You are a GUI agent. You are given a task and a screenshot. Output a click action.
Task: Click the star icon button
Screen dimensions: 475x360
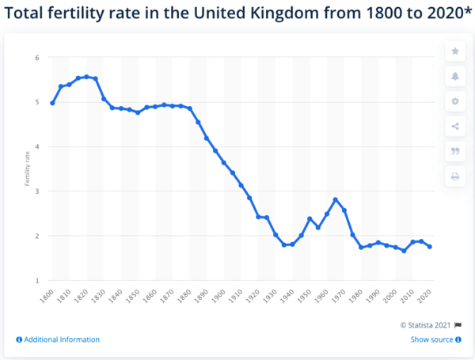coord(455,51)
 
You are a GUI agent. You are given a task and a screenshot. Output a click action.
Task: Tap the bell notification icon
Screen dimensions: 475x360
coord(455,76)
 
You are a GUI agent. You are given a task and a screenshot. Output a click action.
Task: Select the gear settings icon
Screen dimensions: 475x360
coord(455,101)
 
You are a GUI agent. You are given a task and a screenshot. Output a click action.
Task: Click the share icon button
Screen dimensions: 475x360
coord(455,127)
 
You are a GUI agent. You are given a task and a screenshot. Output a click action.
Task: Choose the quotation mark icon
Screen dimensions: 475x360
coord(455,151)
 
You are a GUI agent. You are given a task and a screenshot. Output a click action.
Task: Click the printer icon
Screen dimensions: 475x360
coord(455,176)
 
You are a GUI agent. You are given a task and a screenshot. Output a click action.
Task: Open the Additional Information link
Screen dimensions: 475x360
coord(58,339)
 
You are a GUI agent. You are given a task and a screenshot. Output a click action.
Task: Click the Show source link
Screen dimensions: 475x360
coord(435,339)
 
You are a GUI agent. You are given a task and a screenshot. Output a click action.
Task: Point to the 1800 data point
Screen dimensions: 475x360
coord(52,103)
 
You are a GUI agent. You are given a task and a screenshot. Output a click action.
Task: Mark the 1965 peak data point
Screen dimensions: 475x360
coord(336,200)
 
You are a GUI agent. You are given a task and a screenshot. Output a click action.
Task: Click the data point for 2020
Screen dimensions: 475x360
coord(430,247)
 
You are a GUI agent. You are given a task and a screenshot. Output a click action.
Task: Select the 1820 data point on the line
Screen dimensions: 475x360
coord(86,77)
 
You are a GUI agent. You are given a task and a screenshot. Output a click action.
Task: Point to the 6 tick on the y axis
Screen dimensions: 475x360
coord(37,58)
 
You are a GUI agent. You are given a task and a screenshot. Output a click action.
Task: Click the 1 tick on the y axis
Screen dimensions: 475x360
coord(37,281)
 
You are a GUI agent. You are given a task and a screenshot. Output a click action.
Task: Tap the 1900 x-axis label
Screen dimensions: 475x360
coord(218,296)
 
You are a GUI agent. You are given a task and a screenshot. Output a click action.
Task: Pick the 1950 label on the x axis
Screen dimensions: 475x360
coord(305,296)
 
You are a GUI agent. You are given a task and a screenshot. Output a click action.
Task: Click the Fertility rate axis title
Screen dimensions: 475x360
coord(27,169)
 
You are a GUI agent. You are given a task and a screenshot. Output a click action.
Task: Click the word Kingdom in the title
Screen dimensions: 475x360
coord(285,13)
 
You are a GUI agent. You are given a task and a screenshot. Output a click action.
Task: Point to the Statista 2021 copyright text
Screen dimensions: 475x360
coord(425,325)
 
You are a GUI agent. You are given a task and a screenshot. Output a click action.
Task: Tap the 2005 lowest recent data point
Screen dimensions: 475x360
coord(404,251)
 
